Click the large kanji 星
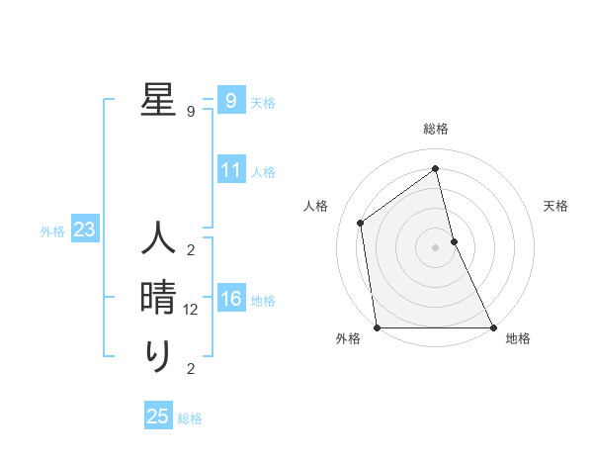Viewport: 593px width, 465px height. (x=158, y=99)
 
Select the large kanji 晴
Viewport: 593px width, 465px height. (x=158, y=297)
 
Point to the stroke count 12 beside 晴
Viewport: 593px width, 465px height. (x=191, y=310)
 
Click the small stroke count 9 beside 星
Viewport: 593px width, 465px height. (x=191, y=112)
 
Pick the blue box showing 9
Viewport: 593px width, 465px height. (x=230, y=101)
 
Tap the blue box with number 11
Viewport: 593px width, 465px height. (x=230, y=170)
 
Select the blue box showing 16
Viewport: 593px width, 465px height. (x=230, y=299)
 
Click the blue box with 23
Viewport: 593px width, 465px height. (x=84, y=231)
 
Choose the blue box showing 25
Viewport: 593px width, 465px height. (x=158, y=417)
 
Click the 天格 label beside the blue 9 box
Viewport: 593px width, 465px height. (x=263, y=103)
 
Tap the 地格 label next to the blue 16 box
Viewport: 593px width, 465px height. (x=263, y=301)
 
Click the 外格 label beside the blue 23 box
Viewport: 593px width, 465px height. (x=52, y=232)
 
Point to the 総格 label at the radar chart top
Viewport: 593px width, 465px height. (x=436, y=129)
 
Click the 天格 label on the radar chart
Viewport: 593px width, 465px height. (x=556, y=206)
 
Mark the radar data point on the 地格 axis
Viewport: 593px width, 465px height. (x=492, y=326)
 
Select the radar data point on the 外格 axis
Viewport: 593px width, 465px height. (x=378, y=326)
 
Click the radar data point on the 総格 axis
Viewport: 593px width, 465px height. (x=436, y=169)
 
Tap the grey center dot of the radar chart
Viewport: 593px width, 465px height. (x=436, y=246)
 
